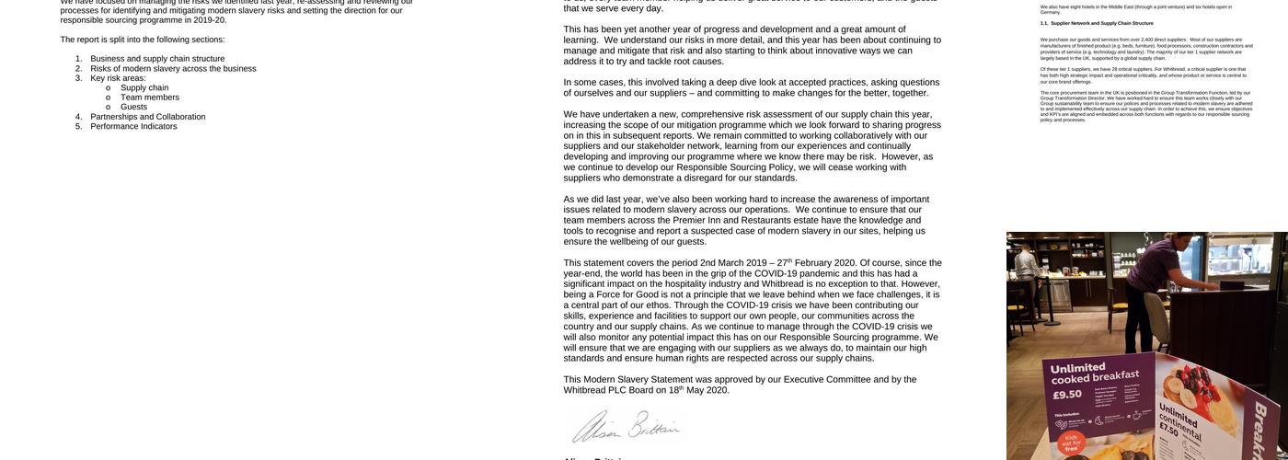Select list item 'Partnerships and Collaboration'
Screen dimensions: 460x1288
[x=147, y=117]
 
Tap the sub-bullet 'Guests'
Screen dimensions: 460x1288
[x=133, y=107]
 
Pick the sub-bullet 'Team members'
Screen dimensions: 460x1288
[x=150, y=98]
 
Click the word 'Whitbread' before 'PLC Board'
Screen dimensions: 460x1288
[x=585, y=390]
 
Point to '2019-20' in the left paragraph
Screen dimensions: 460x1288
[x=210, y=19]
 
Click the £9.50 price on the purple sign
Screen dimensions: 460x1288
[x=1067, y=395]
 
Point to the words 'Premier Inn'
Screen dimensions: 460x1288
[x=696, y=220]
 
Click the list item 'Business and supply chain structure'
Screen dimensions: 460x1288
[x=157, y=59]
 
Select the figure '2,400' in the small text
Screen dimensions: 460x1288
[x=1146, y=40]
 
